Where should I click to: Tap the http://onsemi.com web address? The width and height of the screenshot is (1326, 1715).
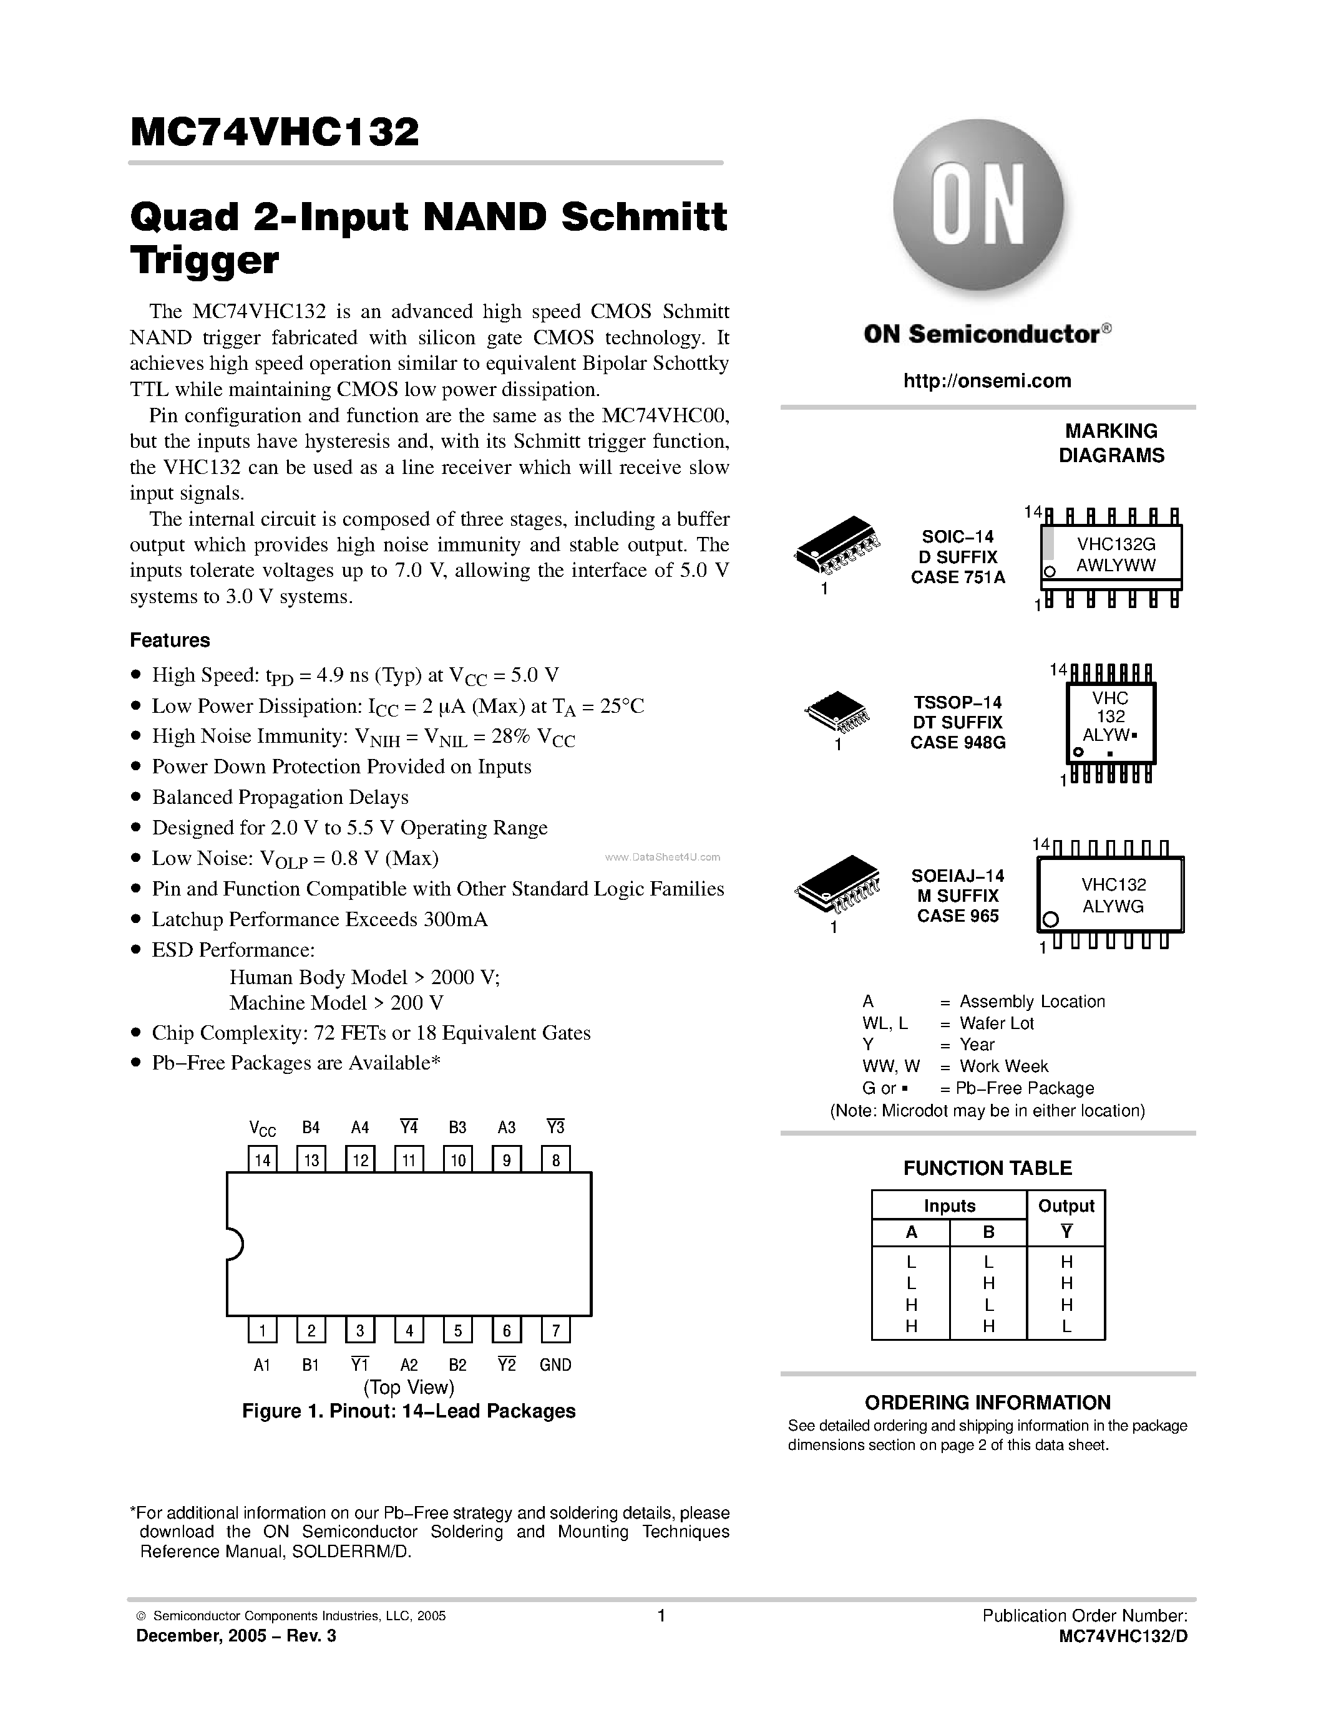[987, 381]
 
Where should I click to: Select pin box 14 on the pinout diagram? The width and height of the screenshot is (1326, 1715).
[262, 1159]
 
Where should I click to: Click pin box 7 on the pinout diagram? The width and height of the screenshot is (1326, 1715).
[555, 1330]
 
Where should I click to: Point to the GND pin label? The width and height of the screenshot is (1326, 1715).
[555, 1365]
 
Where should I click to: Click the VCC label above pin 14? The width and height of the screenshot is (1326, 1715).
[262, 1128]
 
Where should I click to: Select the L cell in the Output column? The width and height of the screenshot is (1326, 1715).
[1066, 1326]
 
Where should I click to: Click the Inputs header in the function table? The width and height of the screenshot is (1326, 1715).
[949, 1205]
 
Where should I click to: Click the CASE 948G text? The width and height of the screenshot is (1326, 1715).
[958, 742]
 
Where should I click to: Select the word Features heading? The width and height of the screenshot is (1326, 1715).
[170, 640]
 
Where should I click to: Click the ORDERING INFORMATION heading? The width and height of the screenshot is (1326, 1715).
[987, 1402]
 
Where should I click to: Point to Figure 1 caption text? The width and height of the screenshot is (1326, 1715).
[409, 1411]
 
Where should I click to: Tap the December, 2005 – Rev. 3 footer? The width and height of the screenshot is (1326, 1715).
[236, 1636]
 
